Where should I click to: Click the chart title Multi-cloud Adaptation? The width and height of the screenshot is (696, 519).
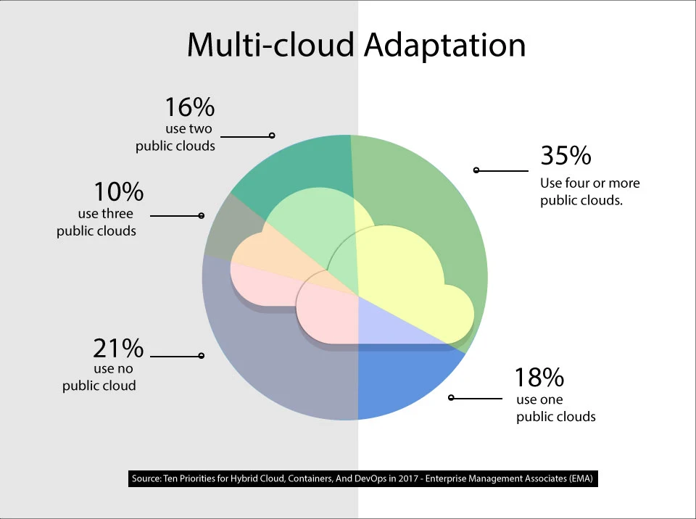click(356, 45)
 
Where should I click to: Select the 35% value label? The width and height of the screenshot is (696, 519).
click(565, 156)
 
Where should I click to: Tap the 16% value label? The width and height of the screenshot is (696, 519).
click(190, 107)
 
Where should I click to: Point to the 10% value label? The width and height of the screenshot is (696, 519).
click(118, 192)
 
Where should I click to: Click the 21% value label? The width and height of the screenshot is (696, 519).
click(118, 349)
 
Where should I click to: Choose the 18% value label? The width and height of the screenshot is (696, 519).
click(539, 378)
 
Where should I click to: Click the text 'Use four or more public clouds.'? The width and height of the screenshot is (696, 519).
click(590, 192)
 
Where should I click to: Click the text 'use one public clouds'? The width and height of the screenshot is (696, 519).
click(555, 408)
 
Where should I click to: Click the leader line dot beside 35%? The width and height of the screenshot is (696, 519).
click(476, 170)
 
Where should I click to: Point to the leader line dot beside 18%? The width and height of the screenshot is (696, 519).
click(451, 397)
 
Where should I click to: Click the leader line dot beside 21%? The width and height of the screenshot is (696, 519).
click(201, 355)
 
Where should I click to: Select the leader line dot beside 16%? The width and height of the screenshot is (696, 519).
click(272, 136)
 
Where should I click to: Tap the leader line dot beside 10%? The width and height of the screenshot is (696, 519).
click(202, 215)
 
